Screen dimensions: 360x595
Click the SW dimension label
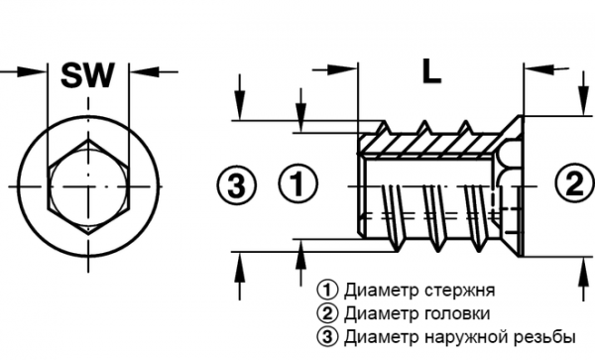tap(88, 74)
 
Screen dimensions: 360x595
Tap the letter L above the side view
tap(429, 70)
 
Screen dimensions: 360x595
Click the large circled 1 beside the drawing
tap(297, 183)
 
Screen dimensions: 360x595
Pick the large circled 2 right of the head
tap(572, 183)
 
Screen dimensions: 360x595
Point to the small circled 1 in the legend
tap(324, 291)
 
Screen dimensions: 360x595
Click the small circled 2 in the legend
tap(324, 313)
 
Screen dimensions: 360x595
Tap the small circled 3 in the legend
tap(324, 336)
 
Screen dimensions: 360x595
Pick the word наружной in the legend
tap(472, 336)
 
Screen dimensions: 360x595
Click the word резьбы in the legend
tap(544, 336)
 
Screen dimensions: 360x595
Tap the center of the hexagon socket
tap(88, 185)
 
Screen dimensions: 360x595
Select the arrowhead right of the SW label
tap(139, 70)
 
